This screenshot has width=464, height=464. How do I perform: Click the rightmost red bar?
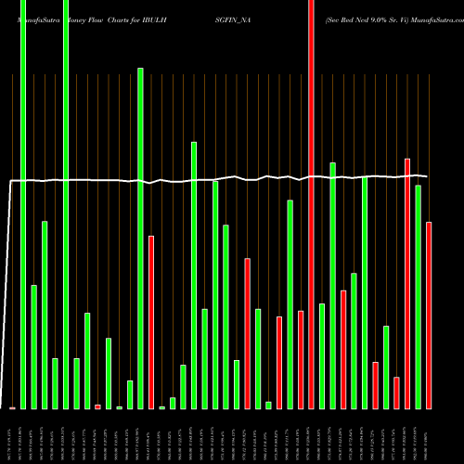(x=429, y=316)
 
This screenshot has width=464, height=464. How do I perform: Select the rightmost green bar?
(x=418, y=297)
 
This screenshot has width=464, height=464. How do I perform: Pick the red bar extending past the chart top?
(x=311, y=204)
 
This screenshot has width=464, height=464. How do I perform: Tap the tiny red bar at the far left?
(x=13, y=407)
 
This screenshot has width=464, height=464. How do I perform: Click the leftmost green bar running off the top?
(x=23, y=204)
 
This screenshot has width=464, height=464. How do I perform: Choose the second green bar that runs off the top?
(x=66, y=204)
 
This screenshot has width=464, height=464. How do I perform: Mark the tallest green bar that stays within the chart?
(x=140, y=238)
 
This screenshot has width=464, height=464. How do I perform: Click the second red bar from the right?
(x=407, y=283)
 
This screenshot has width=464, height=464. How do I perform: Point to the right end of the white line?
(x=427, y=176)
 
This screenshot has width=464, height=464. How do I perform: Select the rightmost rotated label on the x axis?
(x=429, y=436)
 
